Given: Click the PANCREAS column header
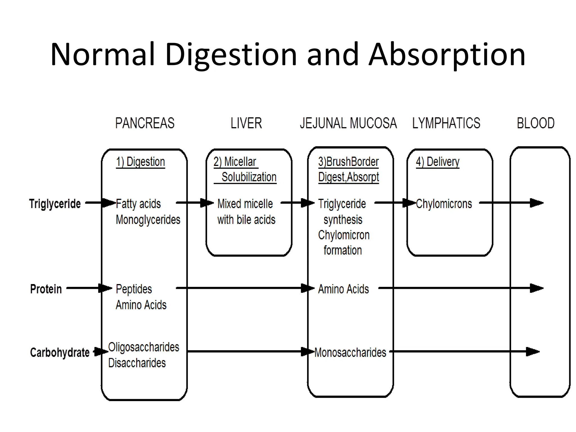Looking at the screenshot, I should coord(145,123).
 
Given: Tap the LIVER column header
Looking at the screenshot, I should coord(246,123).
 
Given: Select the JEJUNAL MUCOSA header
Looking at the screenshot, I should coord(348,123).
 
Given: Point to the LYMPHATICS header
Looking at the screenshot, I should coord(446,123).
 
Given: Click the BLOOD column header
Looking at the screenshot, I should coord(535,123).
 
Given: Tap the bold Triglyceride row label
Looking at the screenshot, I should coord(55,204).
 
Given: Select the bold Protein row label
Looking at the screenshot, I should coord(46,289).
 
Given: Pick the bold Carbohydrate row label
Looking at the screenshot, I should coord(60,352).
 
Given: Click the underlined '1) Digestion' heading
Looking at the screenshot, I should coord(140,162).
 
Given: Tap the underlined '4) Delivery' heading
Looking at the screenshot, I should coord(437,162).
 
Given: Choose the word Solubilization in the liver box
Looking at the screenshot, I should coord(249,177).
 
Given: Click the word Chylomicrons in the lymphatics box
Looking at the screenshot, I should coord(444,204).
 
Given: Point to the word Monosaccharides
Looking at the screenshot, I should coord(350,352).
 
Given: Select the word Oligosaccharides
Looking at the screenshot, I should coord(144,347).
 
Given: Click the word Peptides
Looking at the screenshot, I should coord(134,289).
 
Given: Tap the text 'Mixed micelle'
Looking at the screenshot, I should coord(245,204).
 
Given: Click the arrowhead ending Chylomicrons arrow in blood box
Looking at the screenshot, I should coord(537,203).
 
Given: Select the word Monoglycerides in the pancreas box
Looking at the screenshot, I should coord(148,220).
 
